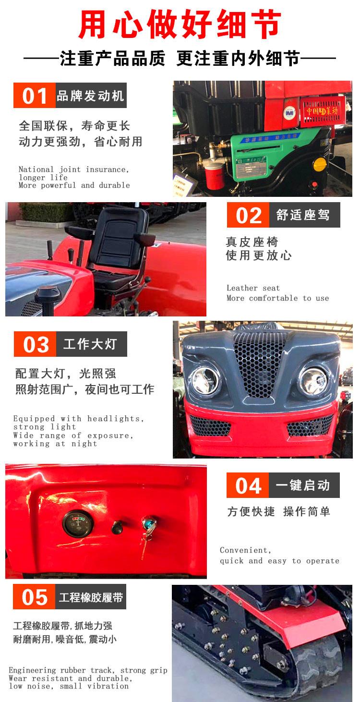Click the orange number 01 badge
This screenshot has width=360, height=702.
click(35, 95)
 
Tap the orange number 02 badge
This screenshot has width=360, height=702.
click(248, 215)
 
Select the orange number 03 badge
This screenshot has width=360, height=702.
click(35, 344)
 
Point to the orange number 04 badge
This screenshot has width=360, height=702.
click(248, 485)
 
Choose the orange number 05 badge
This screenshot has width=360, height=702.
click(34, 597)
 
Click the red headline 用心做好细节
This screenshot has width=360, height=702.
click(180, 24)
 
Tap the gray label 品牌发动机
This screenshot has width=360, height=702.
click(91, 95)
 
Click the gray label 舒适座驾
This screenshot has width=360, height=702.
click(304, 215)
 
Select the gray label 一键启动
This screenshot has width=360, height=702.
click(304, 485)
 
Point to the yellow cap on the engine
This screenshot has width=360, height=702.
click(320, 164)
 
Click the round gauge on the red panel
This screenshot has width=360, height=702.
click(78, 523)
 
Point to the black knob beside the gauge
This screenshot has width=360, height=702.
click(118, 527)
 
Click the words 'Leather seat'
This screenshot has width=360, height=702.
click(253, 288)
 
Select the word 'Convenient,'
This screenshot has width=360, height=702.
click(246, 550)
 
